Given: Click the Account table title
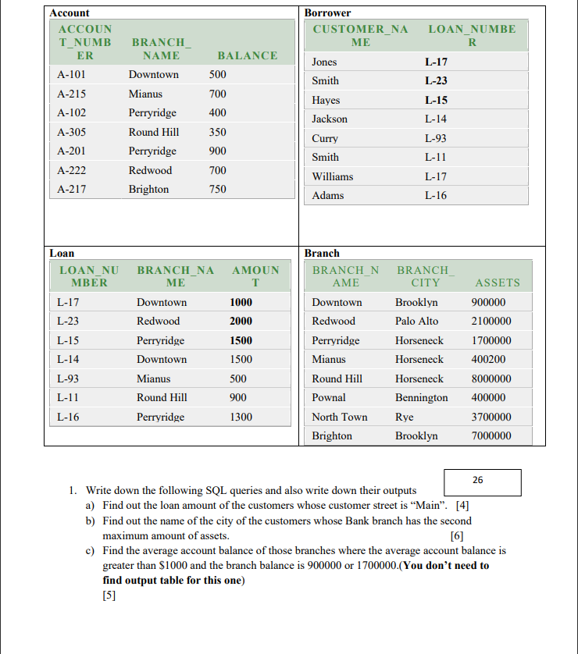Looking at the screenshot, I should (70, 13).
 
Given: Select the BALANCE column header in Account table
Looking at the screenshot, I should (247, 55).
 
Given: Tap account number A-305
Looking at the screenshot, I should (72, 132).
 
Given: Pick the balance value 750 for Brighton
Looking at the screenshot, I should (218, 189).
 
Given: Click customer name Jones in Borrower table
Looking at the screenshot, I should (324, 62).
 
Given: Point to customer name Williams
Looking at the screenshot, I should (332, 176).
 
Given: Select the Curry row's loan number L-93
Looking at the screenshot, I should (436, 138).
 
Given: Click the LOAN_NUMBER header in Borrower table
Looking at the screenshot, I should (472, 35).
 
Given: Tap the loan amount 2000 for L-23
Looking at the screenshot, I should (241, 321).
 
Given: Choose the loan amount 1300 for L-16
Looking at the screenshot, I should (241, 417).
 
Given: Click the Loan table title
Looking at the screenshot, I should (62, 253).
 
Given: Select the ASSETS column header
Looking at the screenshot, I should (497, 283).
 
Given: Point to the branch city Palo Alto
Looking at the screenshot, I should (416, 321).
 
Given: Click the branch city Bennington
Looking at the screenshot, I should (421, 397).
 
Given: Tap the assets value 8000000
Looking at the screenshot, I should (492, 379).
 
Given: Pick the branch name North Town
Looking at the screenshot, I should (339, 417).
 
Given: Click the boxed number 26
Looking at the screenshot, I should (477, 480).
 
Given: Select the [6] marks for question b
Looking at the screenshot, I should (458, 536).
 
